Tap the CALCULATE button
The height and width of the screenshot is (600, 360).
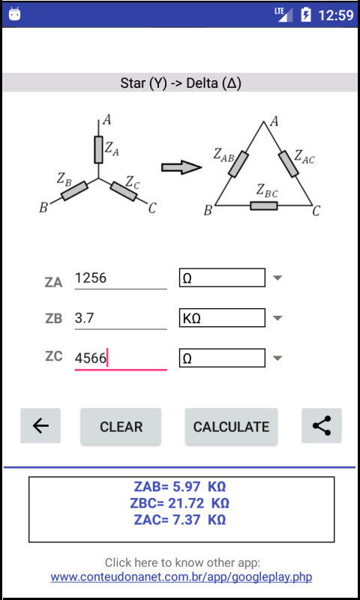(232, 427)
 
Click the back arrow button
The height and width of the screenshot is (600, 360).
(40, 426)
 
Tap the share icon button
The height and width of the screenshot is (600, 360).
(321, 426)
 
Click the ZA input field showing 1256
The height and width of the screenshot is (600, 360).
(121, 278)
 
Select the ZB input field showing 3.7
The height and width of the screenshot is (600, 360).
(121, 318)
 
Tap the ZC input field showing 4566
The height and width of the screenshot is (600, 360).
(121, 358)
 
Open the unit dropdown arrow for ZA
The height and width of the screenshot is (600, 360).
(277, 278)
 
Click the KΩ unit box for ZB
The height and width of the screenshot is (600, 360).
(222, 318)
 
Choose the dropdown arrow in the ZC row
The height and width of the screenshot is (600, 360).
(277, 358)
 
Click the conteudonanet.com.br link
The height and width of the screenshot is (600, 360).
(181, 577)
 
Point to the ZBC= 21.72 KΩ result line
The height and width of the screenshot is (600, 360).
(179, 503)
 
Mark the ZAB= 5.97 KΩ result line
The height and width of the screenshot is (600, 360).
(179, 487)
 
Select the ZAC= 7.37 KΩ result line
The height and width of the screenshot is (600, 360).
(179, 520)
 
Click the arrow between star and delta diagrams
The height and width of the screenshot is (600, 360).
(181, 167)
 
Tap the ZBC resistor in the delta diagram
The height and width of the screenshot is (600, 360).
(263, 205)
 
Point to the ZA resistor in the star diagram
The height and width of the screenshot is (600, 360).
(99, 149)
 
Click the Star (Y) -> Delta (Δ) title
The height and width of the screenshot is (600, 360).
(181, 83)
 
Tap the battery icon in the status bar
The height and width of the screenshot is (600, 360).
(306, 15)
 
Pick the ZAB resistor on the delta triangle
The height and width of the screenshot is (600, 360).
(238, 164)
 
